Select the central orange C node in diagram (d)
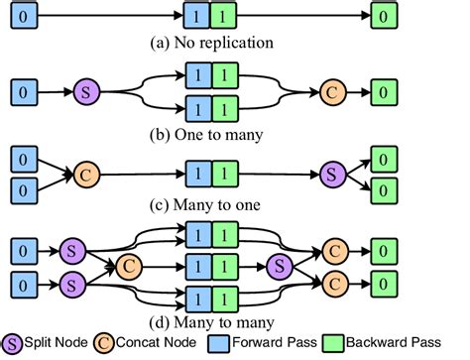pyautogui.click(x=129, y=265)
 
